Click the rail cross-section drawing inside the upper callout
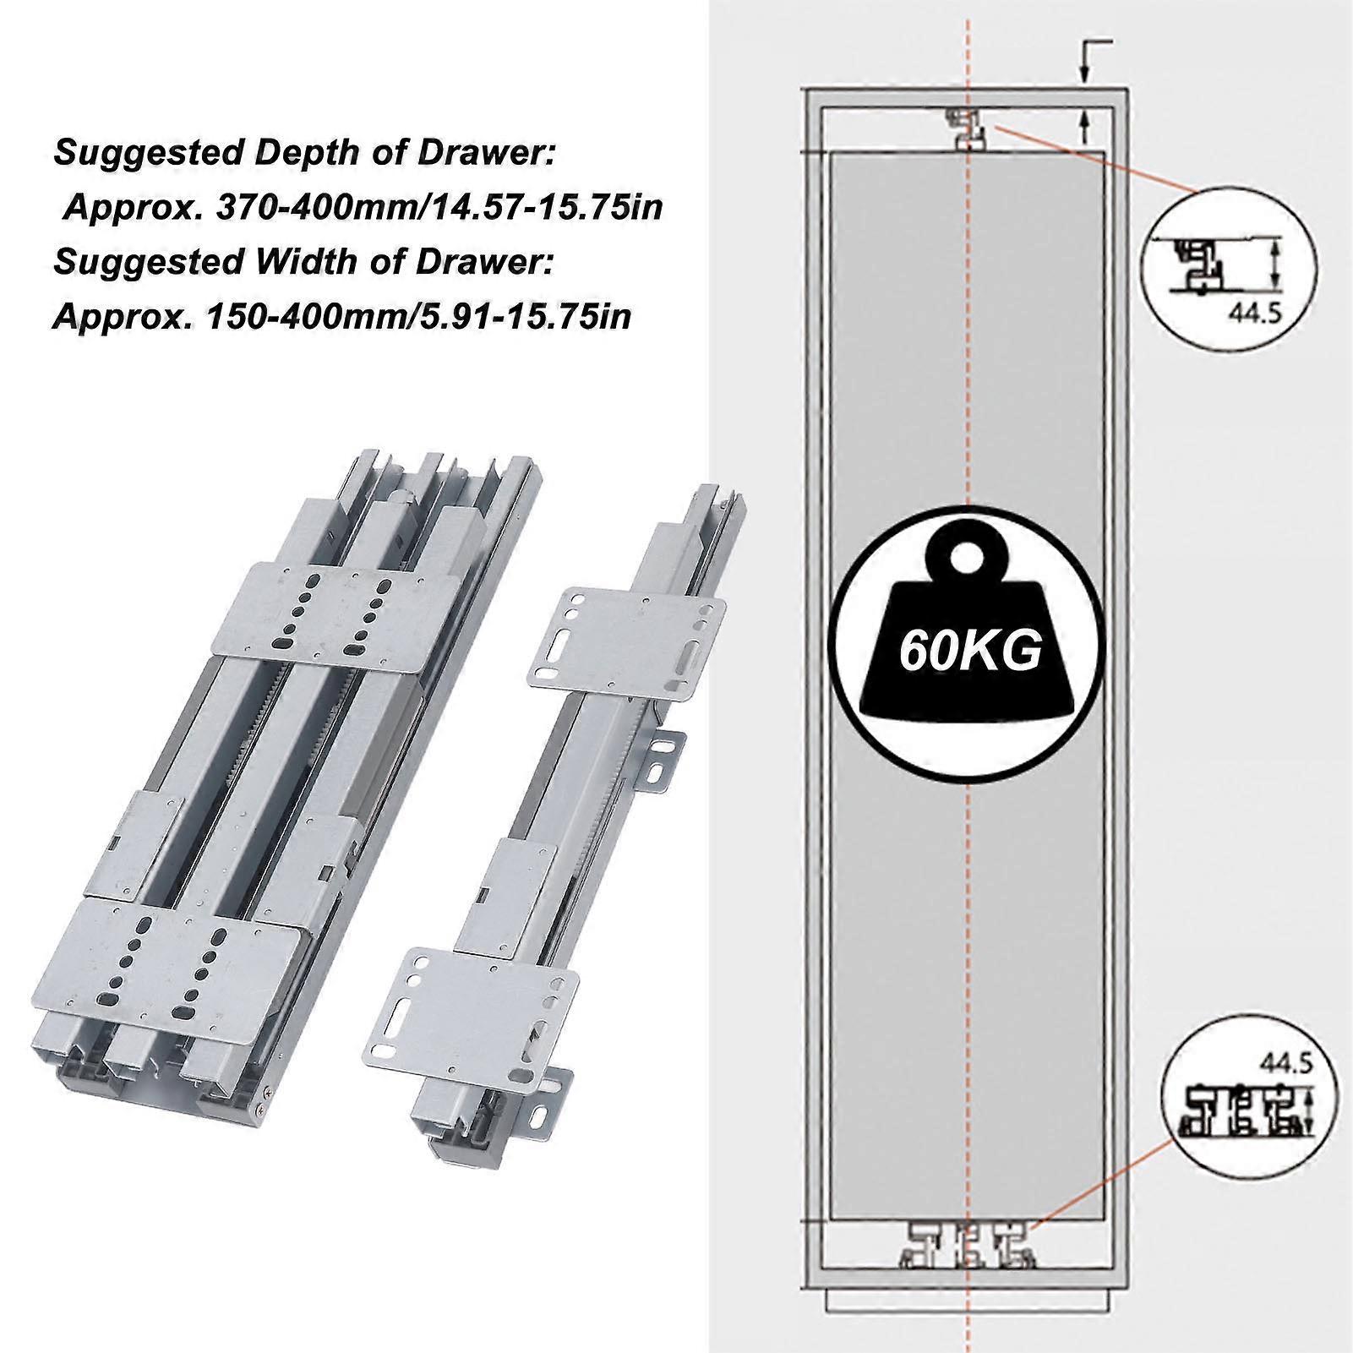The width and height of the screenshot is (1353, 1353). pyautogui.click(x=1196, y=264)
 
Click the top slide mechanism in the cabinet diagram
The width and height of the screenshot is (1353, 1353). pyautogui.click(x=967, y=128)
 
